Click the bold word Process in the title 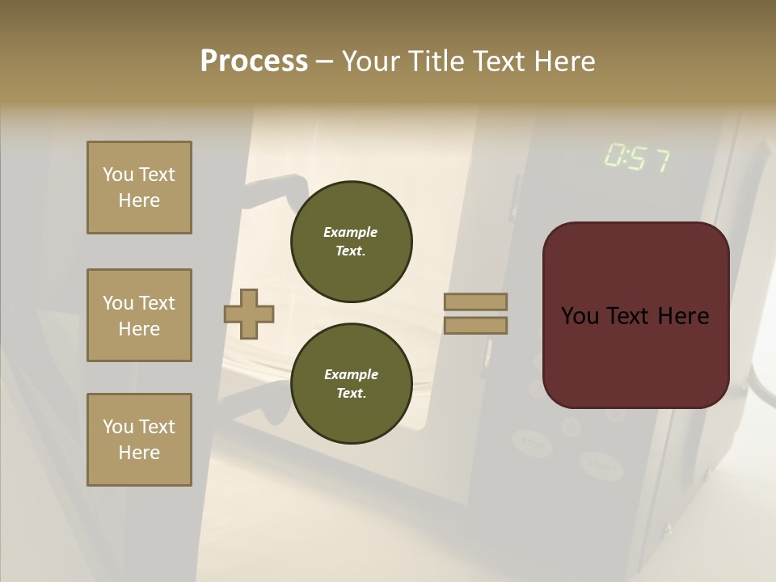coord(254,61)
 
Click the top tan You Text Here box coord(139,188)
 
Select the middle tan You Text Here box coord(139,315)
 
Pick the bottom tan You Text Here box coord(139,440)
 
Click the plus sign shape coord(249,314)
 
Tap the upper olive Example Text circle coord(351,242)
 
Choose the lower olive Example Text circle coord(351,383)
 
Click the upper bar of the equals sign coord(475,302)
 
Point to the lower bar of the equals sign coord(475,325)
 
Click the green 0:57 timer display coord(637,158)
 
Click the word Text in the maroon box coord(635,316)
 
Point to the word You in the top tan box coord(118,175)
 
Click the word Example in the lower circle coord(351,374)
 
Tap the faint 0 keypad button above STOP coord(571,425)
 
